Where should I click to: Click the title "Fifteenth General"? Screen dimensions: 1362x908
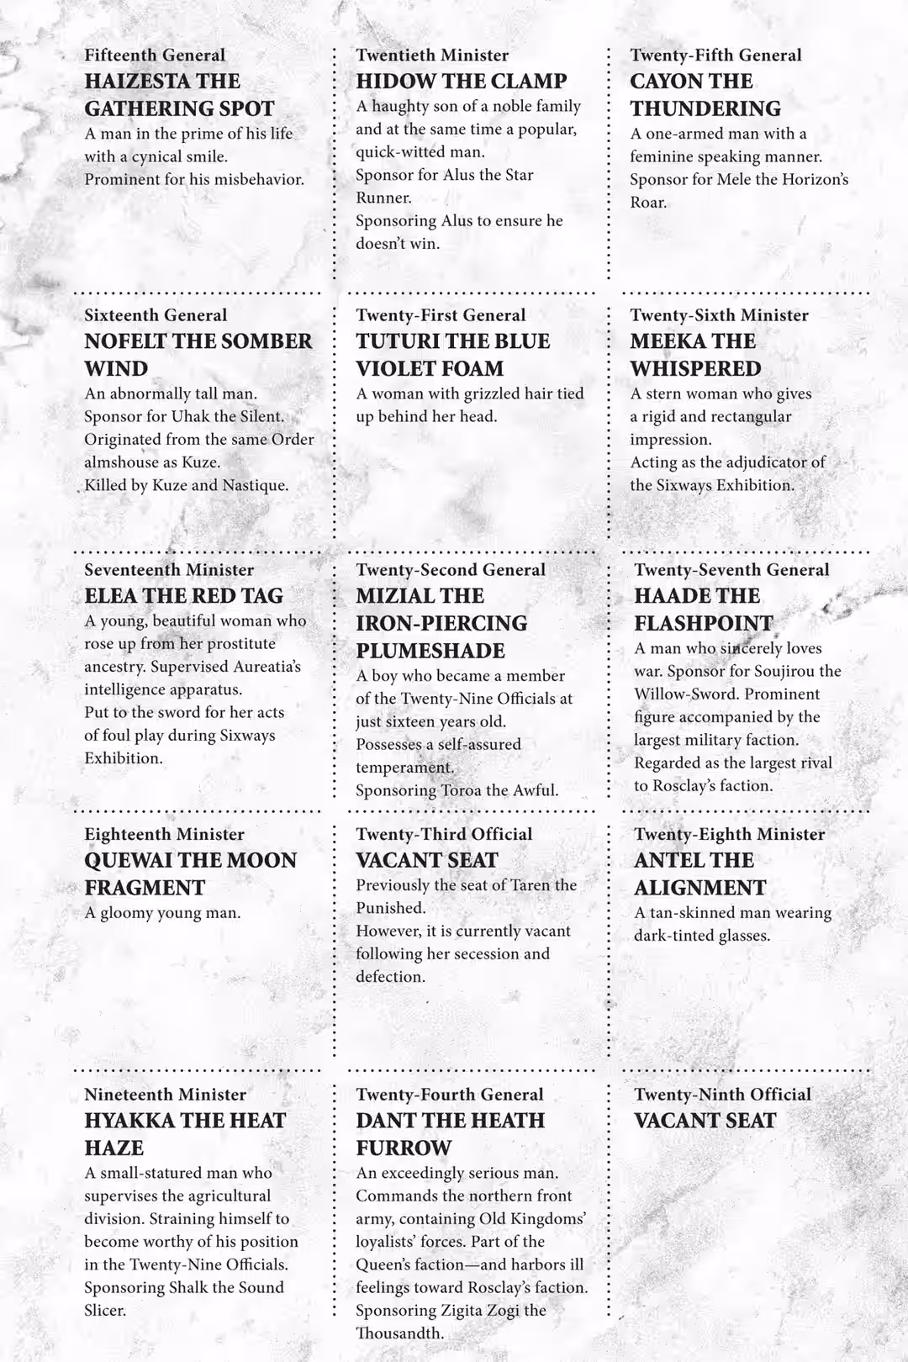tap(155, 55)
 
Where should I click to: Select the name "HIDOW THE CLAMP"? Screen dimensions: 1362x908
tap(461, 82)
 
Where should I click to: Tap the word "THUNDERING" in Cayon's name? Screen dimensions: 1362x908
tap(705, 108)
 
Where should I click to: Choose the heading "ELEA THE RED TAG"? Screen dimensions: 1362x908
tap(183, 596)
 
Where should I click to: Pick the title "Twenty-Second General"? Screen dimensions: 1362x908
tap(450, 570)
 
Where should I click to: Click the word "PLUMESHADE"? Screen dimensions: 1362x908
tap(429, 651)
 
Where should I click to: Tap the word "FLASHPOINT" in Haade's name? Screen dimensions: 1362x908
tap(703, 623)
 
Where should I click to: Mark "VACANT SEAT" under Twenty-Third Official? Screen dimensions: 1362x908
tap(426, 861)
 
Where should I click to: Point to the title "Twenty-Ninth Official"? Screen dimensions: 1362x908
tap(722, 1095)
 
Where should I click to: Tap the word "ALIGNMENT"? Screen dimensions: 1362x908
tap(699, 888)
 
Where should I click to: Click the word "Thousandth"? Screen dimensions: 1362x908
tap(399, 1333)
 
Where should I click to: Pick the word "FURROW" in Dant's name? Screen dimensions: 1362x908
tap(403, 1148)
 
